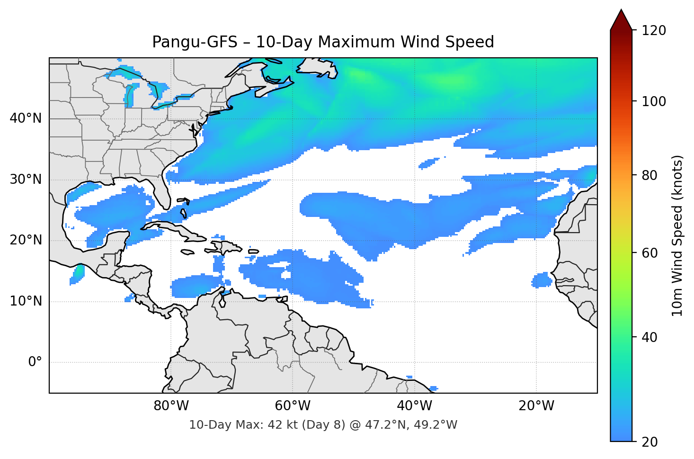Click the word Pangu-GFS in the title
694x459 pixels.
[x=195, y=42]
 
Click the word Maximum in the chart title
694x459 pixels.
[x=356, y=42]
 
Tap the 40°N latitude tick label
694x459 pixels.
[x=26, y=118]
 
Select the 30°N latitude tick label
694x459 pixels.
[x=26, y=180]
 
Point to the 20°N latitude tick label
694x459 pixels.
[x=26, y=240]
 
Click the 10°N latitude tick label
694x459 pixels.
[x=26, y=301]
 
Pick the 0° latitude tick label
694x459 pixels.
[x=35, y=362]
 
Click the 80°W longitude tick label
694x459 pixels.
[x=171, y=406]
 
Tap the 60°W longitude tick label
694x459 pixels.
[x=293, y=406]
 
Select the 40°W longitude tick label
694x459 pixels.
[x=414, y=406]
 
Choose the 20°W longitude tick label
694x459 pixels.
[x=536, y=406]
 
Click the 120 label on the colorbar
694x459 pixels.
[x=654, y=31]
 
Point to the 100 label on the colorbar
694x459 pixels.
[x=654, y=101]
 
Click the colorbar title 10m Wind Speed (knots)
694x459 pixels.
[x=677, y=236]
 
